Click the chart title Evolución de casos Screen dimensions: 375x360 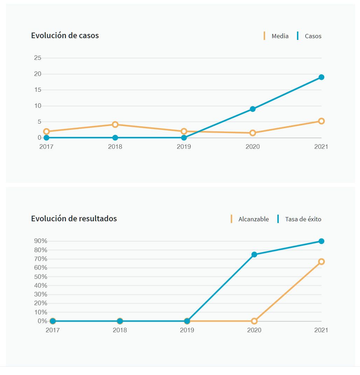[65, 35]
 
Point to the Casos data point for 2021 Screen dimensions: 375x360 [321, 77]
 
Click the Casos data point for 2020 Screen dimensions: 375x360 [252, 109]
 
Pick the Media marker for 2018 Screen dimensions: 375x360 [115, 124]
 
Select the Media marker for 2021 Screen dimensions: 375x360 [321, 121]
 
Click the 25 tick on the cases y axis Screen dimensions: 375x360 [37, 58]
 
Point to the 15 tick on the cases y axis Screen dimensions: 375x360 [37, 90]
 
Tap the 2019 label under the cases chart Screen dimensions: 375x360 [184, 147]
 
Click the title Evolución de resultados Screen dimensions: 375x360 [74, 218]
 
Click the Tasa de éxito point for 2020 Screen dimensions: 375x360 [254, 255]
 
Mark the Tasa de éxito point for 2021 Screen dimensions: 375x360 [321, 241]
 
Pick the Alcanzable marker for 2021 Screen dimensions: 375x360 [321, 262]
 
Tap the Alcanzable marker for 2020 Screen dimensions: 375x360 [254, 321]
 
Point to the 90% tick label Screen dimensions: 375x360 [41, 241]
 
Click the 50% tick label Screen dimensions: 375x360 [41, 277]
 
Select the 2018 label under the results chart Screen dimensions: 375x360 [120, 330]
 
